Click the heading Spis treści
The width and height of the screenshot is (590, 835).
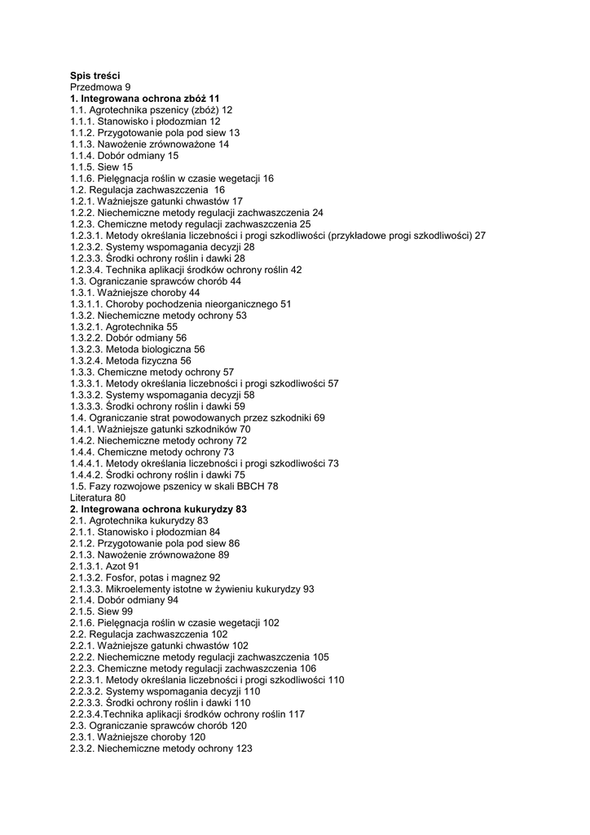tap(95, 75)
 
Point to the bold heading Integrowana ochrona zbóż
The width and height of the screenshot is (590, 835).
tap(143, 98)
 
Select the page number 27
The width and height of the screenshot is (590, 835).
tap(481, 235)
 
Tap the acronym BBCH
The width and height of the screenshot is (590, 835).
tap(250, 486)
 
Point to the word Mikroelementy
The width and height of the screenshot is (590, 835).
tap(139, 589)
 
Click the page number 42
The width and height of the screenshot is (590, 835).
tap(296, 269)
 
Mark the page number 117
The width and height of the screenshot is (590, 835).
tap(297, 714)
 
